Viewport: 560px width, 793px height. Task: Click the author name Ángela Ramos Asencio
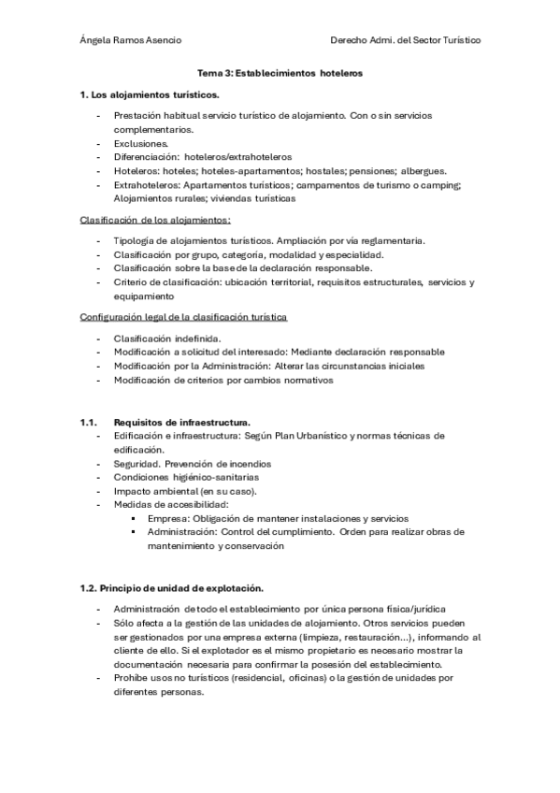(131, 40)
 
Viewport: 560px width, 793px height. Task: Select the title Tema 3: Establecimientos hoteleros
(280, 72)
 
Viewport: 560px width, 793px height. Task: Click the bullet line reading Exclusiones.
(141, 144)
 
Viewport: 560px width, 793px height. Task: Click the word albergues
(420, 171)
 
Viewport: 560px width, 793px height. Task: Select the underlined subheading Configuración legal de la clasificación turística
(184, 317)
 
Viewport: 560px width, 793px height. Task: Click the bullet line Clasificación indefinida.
(166, 338)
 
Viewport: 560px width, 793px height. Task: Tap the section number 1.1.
(90, 422)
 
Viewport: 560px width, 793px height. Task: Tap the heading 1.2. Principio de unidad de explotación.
(172, 587)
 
